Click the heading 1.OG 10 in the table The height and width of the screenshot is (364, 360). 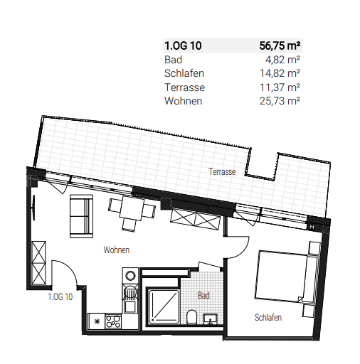click(184, 47)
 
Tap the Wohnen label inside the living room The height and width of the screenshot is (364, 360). click(115, 250)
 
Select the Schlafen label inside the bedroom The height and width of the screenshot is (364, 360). click(268, 318)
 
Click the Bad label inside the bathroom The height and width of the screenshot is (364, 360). click(203, 295)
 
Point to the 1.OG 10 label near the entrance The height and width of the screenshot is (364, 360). click(60, 297)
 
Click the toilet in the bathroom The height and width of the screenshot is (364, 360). click(192, 316)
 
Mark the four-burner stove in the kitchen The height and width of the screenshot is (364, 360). click(114, 321)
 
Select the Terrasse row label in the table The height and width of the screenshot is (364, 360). click(184, 87)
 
